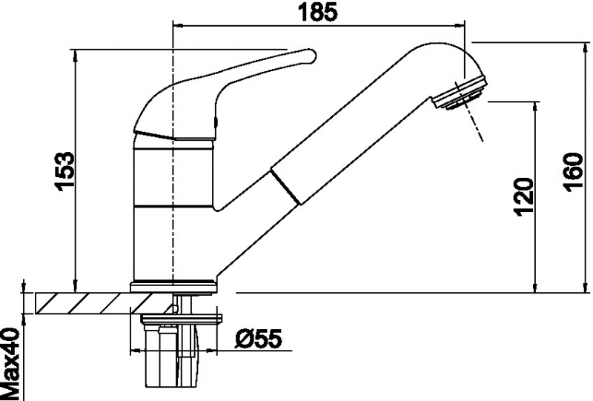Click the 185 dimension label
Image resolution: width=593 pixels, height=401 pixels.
(317, 12)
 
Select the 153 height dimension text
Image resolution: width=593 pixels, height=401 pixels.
(64, 171)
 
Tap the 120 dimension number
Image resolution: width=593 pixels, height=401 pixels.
(524, 196)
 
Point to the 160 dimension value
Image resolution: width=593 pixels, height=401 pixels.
(573, 172)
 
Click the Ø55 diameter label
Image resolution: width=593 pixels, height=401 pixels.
(258, 339)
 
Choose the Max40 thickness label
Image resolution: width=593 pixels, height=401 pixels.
(10, 364)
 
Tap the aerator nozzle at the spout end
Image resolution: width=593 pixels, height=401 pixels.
(460, 94)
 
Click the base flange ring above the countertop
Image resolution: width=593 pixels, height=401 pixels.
(173, 286)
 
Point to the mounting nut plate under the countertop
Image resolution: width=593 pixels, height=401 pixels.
(181, 319)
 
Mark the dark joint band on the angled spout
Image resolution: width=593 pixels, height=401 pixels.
(286, 186)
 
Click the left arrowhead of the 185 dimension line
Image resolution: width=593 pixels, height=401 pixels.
(178, 26)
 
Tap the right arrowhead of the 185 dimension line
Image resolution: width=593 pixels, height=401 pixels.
(460, 26)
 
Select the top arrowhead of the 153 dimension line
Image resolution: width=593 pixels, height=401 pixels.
(76, 56)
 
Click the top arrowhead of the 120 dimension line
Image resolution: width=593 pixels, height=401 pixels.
(535, 107)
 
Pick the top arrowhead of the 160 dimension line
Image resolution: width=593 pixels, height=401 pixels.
(587, 48)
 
